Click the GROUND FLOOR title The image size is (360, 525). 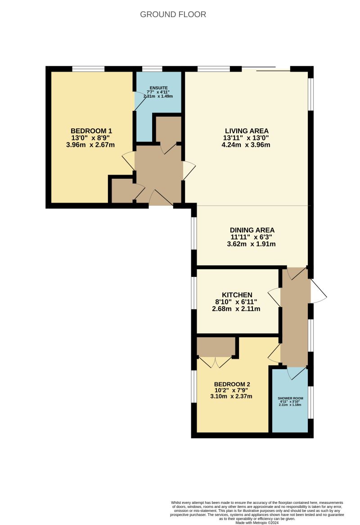click(173, 14)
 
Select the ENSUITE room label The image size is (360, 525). click(158, 88)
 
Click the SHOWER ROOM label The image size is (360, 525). click(290, 398)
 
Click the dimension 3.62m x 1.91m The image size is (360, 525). click(251, 244)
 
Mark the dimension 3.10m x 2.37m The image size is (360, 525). click(231, 397)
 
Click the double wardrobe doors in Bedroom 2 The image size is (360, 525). click(215, 362)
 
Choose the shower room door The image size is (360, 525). click(296, 373)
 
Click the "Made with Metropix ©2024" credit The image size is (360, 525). click(257, 522)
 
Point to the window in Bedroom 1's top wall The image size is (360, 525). click(88, 69)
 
